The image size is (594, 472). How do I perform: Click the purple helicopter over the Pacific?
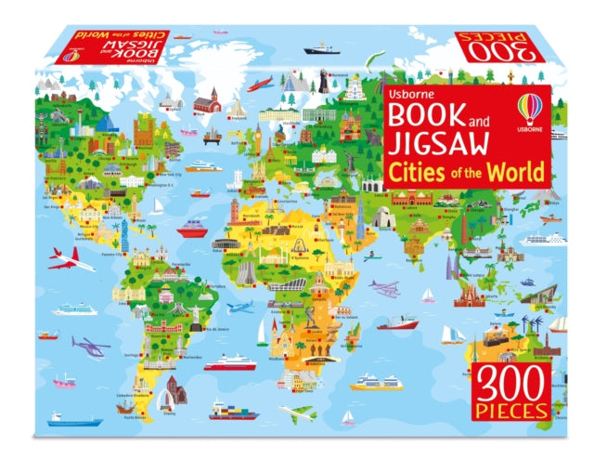90,347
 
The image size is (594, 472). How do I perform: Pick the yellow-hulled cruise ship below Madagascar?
377,381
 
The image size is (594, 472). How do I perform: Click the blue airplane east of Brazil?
239,307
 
